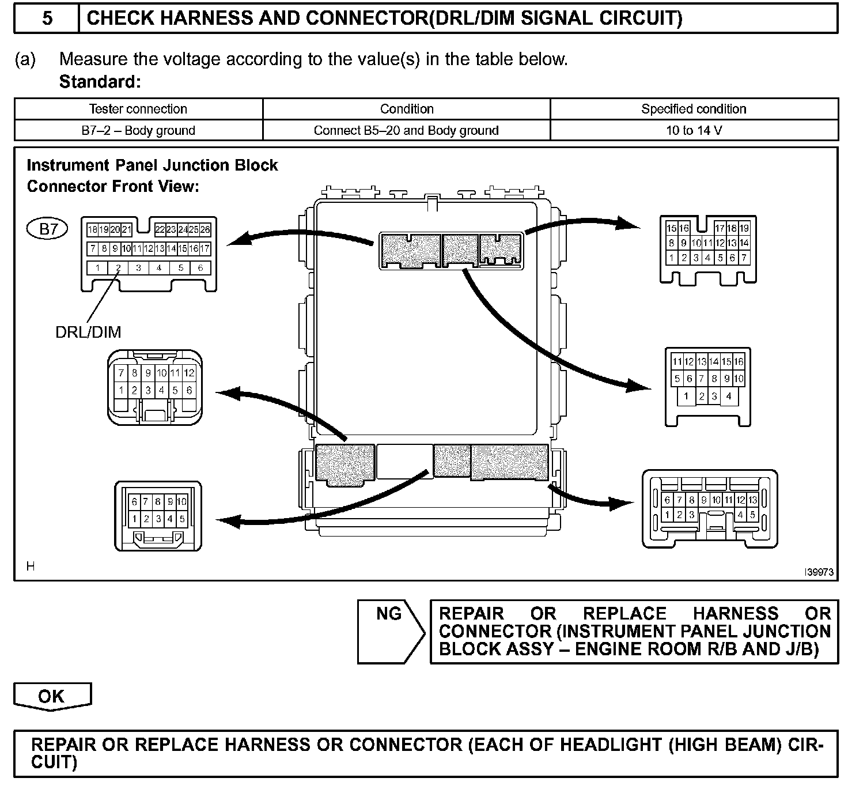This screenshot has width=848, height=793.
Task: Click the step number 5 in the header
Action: coord(47,18)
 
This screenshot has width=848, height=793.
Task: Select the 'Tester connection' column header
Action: coord(138,109)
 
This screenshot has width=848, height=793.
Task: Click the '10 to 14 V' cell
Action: coord(694,130)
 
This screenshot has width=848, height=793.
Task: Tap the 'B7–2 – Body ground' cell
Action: coord(138,130)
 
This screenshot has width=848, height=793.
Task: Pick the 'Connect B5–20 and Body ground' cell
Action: coord(406,130)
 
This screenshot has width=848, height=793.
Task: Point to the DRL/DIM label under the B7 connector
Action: coord(88,332)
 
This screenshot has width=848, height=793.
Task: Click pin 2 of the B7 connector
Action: coord(118,267)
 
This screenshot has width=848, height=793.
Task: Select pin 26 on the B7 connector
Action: coord(205,229)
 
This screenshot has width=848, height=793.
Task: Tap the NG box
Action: coord(389,614)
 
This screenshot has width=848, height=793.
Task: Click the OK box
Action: coord(52,696)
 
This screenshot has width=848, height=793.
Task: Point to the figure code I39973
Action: coord(819,572)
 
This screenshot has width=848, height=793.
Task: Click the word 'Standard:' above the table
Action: coord(100,82)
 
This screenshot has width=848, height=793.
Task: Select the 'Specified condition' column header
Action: coord(694,109)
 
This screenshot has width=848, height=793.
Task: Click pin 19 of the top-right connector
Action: coord(744,228)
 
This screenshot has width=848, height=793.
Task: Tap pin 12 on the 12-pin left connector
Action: coord(189,373)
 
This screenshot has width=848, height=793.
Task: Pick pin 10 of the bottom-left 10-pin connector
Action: coord(181,501)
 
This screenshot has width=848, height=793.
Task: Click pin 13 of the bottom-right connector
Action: coord(752,500)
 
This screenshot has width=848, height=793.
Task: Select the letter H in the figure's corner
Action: coord(31,566)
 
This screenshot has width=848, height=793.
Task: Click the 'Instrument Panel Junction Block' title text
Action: coord(152,165)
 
